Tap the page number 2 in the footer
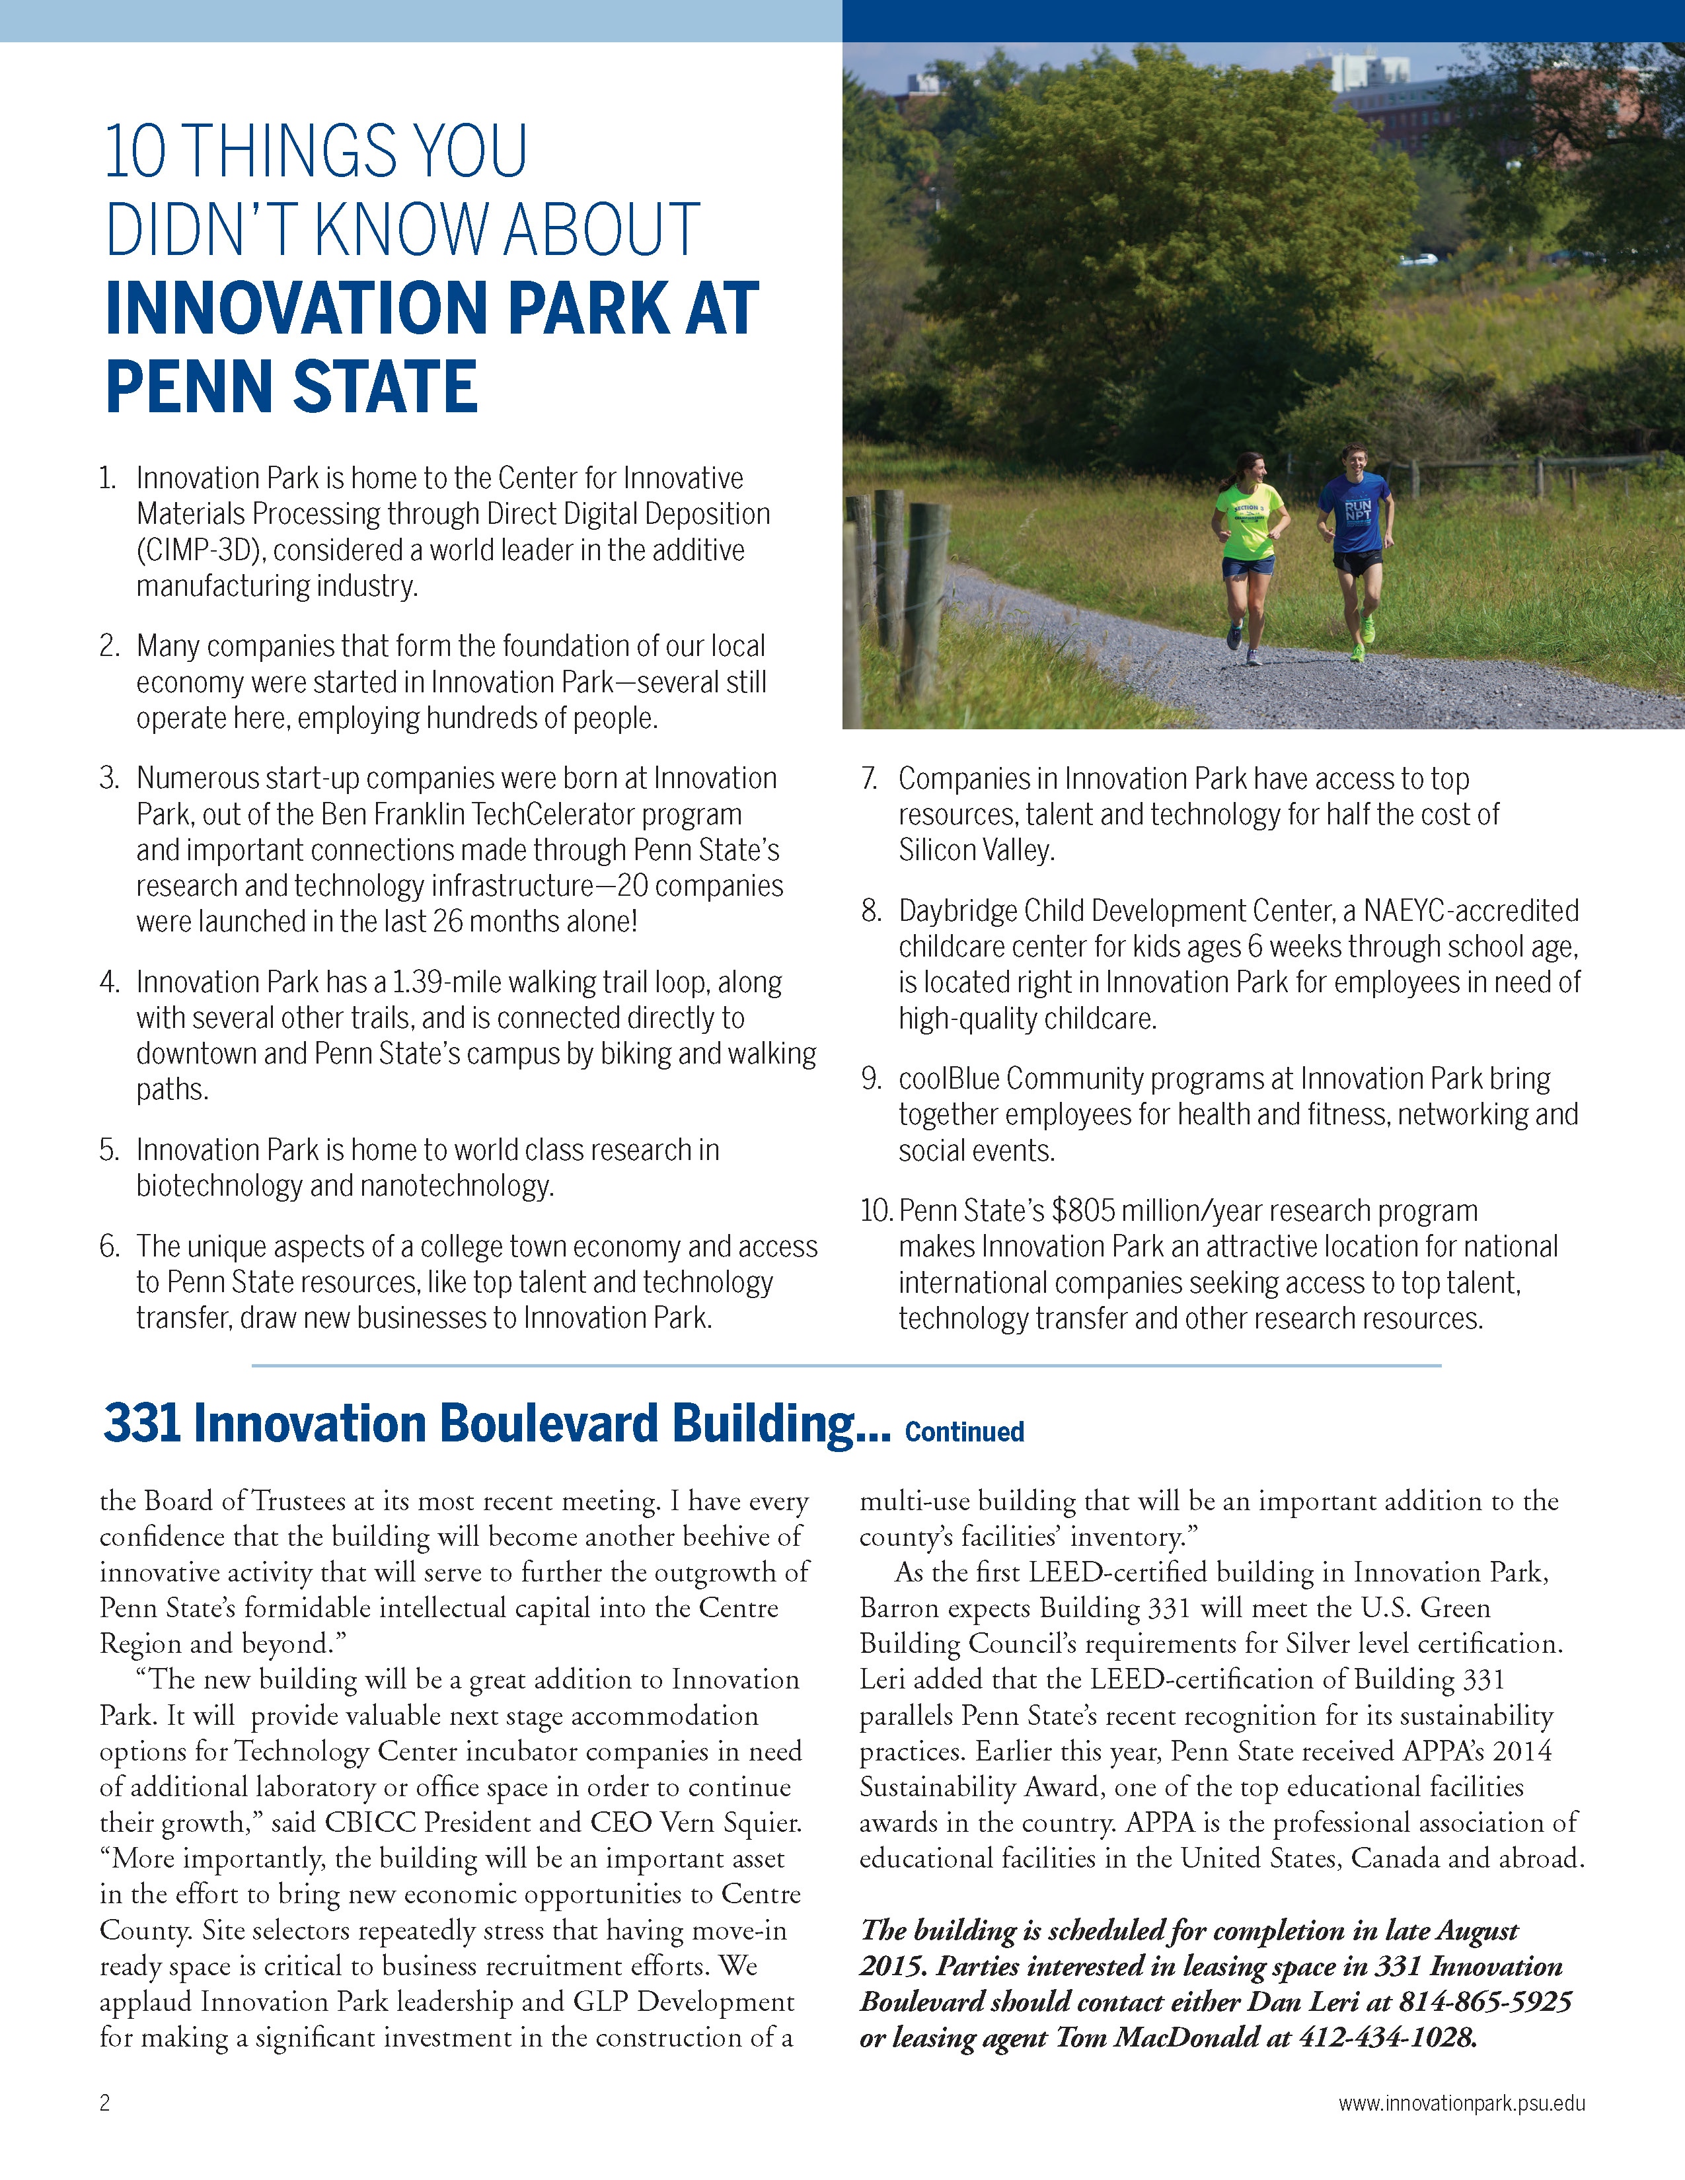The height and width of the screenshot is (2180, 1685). click(105, 2103)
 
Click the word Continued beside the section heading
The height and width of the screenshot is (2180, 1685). click(964, 1432)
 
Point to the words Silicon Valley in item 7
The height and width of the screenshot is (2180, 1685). click(975, 850)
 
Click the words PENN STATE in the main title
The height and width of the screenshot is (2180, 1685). click(291, 387)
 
